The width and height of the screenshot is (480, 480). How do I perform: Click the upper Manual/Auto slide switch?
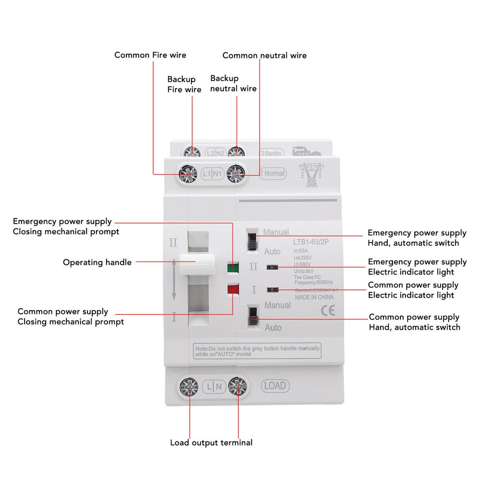click(252, 240)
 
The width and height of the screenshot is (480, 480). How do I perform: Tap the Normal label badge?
click(273, 173)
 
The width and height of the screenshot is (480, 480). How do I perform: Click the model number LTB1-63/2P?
click(311, 242)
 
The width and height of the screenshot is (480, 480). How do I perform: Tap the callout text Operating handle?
click(97, 263)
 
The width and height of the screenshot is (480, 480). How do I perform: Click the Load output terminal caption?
click(211, 443)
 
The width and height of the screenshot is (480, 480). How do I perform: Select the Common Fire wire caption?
click(150, 55)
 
